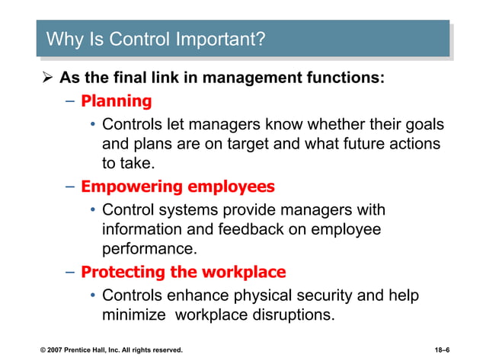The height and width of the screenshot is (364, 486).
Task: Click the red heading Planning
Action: pos(117,101)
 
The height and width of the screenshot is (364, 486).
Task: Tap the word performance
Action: pos(147,249)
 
